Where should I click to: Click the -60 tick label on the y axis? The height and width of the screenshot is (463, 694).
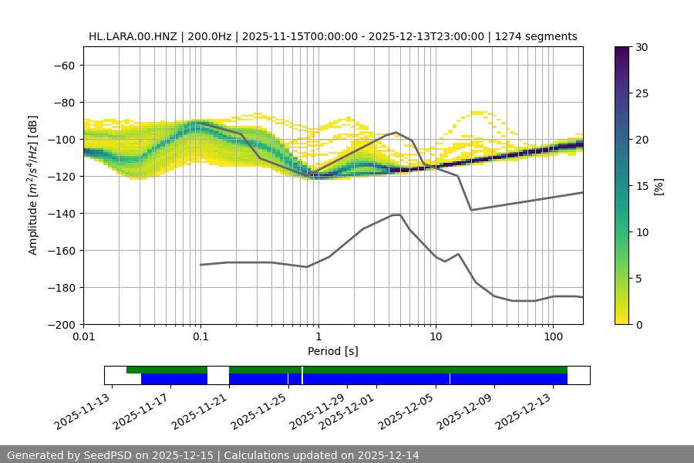[x=64, y=65]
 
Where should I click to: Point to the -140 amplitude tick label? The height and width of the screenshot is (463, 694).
[x=61, y=213]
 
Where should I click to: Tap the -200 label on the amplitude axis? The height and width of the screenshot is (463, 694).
[x=61, y=324]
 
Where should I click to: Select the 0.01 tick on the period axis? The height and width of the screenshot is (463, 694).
[x=83, y=337]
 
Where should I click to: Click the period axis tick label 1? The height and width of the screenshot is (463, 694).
[x=318, y=337]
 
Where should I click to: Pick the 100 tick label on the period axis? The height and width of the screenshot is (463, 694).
[x=553, y=337]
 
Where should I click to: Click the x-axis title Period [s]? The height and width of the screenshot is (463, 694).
[x=332, y=351]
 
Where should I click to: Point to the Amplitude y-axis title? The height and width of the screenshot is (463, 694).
[x=33, y=185]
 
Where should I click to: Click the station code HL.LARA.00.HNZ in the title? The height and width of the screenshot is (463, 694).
[x=132, y=36]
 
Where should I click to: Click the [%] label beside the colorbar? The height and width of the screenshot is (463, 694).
[x=658, y=186]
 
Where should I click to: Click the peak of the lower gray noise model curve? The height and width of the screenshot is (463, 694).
[x=396, y=215]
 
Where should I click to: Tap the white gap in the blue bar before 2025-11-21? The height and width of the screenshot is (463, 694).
[x=218, y=379]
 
